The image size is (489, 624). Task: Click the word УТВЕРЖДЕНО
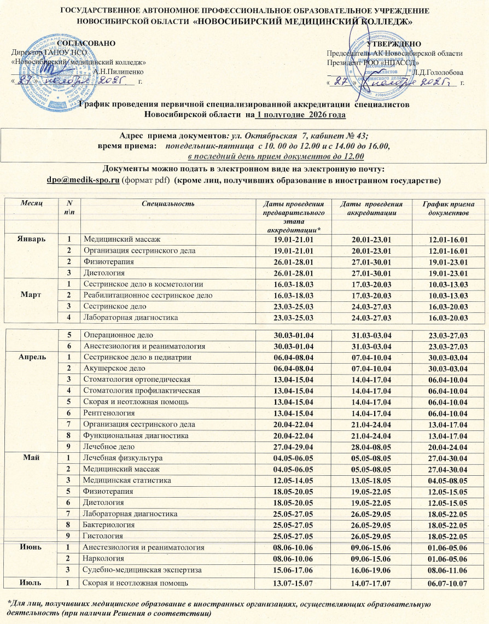pyautogui.click(x=394, y=44)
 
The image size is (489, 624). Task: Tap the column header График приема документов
pyautogui.click(x=450, y=207)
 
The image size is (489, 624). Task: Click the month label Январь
pyautogui.click(x=28, y=240)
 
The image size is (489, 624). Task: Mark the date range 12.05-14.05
pyautogui.click(x=295, y=480)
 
